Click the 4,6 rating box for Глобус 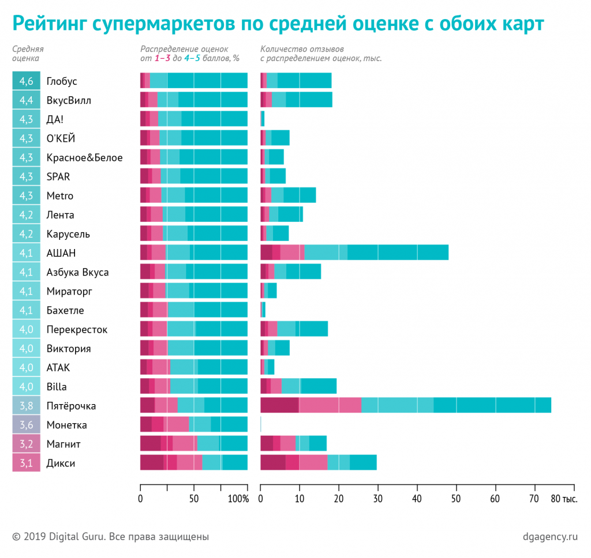tap(26, 81)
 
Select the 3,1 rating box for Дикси tap(26, 463)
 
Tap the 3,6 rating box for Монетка tap(26, 425)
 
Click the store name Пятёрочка tap(71, 406)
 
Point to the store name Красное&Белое tap(84, 157)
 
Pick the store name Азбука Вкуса tap(77, 272)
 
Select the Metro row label tap(60, 196)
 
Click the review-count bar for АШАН tap(354, 253)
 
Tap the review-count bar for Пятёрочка tap(405, 405)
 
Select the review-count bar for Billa tap(298, 386)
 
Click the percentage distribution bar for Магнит tap(194, 444)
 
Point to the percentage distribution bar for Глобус tap(194, 81)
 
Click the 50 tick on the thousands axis tap(456, 499)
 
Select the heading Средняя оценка tap(28, 54)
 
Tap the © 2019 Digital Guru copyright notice tap(110, 537)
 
